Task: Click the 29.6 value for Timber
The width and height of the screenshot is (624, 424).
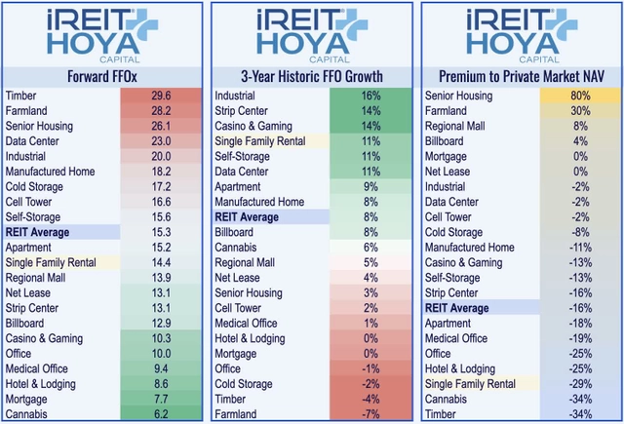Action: pyautogui.click(x=161, y=96)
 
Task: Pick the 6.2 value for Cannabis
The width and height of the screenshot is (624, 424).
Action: pyautogui.click(x=161, y=413)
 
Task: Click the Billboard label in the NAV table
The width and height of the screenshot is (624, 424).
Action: pyautogui.click(x=448, y=141)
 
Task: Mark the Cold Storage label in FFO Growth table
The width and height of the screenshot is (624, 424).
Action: pyautogui.click(x=247, y=383)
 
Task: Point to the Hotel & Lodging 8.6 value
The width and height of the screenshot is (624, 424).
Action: pyautogui.click(x=161, y=383)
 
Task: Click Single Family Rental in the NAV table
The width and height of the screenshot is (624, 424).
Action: pyautogui.click(x=474, y=383)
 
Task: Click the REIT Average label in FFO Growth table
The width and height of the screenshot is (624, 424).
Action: pyautogui.click(x=250, y=216)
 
